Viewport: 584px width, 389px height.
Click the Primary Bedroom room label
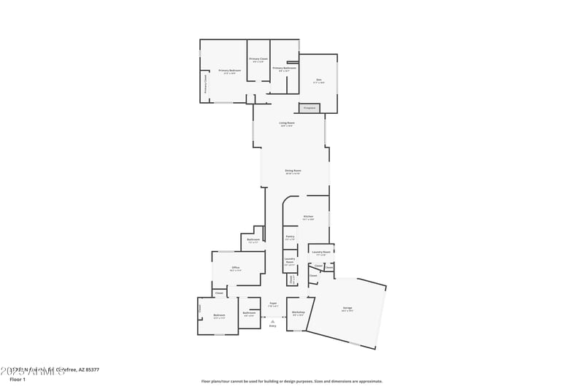click(x=229, y=71)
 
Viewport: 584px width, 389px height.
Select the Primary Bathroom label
click(x=284, y=68)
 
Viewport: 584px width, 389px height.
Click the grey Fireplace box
click(x=309, y=108)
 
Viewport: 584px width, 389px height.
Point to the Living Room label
click(x=287, y=123)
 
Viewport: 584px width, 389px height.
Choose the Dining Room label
click(x=293, y=171)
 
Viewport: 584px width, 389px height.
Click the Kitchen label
click(x=308, y=217)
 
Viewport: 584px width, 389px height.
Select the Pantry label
click(x=290, y=236)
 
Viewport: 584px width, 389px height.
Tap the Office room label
click(x=236, y=268)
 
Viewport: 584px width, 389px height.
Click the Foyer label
click(x=272, y=303)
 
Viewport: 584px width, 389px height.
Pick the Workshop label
click(x=298, y=312)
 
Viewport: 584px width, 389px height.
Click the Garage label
click(x=347, y=308)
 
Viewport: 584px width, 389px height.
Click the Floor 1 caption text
click(x=18, y=380)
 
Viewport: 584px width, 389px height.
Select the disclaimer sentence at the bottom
click(x=292, y=381)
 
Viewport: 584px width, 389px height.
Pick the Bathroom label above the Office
click(x=253, y=240)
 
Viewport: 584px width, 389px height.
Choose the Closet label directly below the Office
click(x=219, y=293)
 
